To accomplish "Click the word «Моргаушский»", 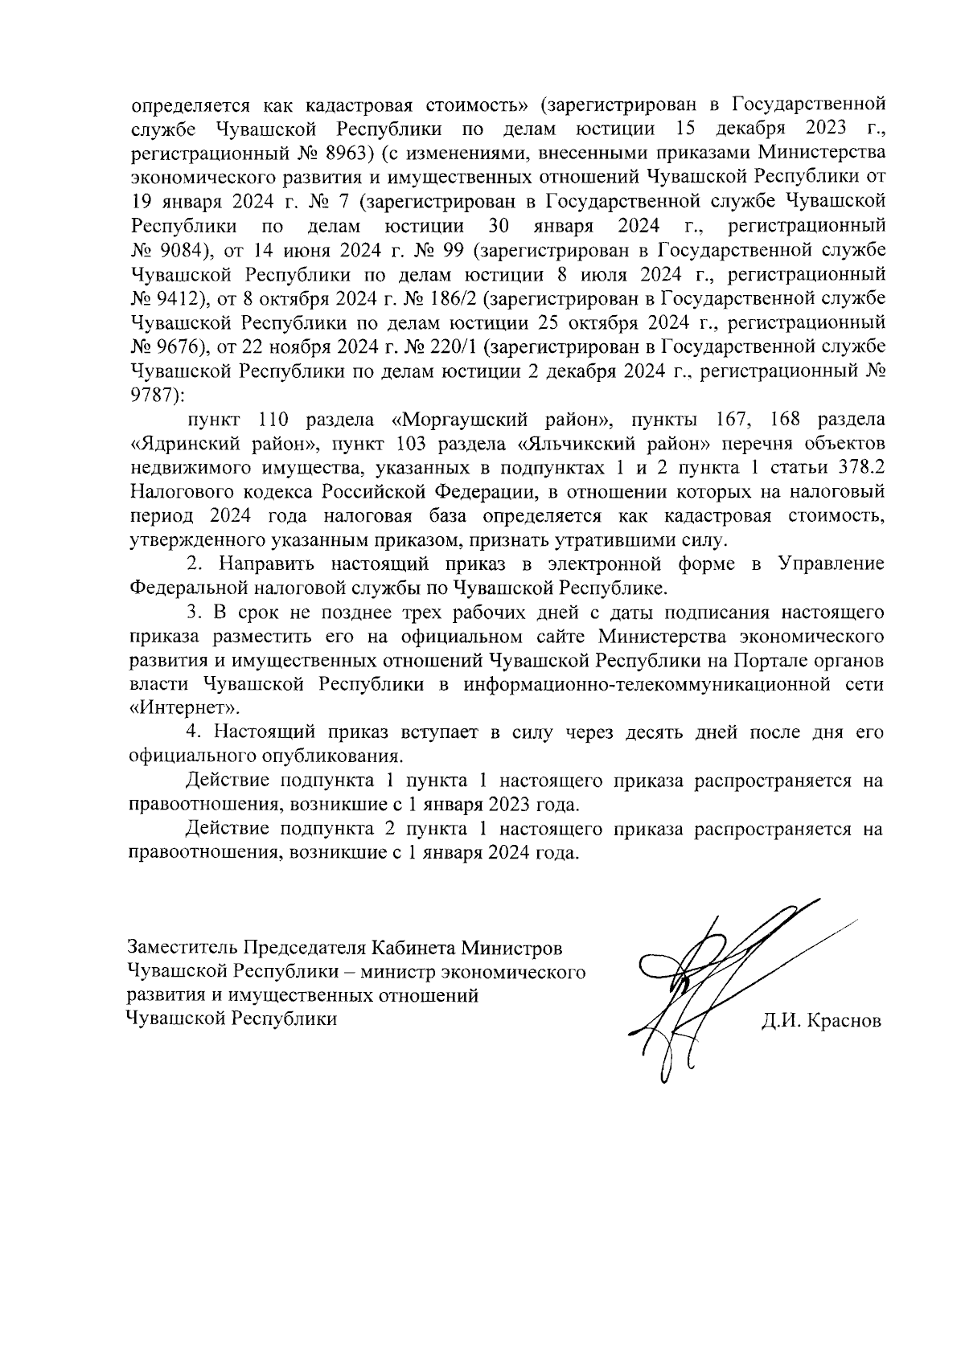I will (x=466, y=419).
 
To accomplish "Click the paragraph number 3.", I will (x=193, y=612).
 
